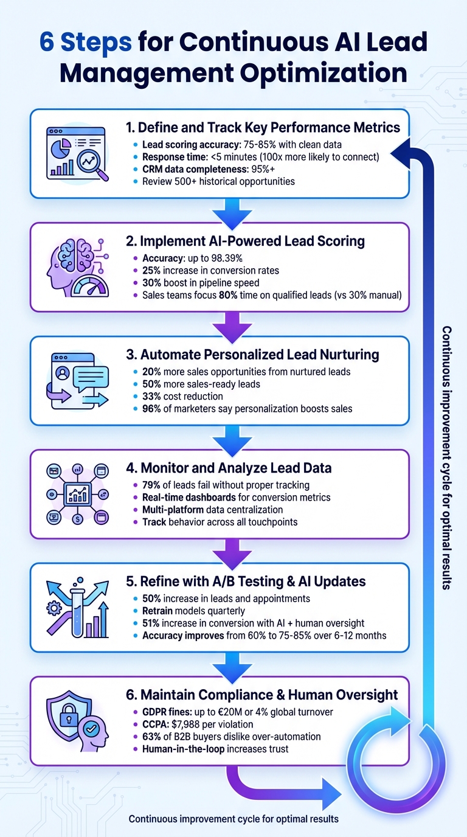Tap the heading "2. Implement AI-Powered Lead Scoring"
pyautogui.click(x=245, y=241)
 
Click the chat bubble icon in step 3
pyautogui.click(x=90, y=378)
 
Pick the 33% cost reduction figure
pyautogui.click(x=152, y=397)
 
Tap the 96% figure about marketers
pyautogui.click(x=152, y=409)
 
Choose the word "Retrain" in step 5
pyautogui.click(x=159, y=611)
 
